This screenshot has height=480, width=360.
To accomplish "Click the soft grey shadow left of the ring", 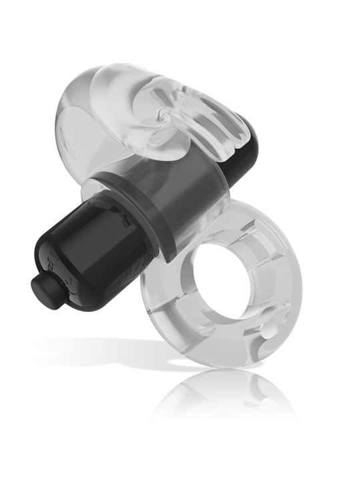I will coord(100,347).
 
